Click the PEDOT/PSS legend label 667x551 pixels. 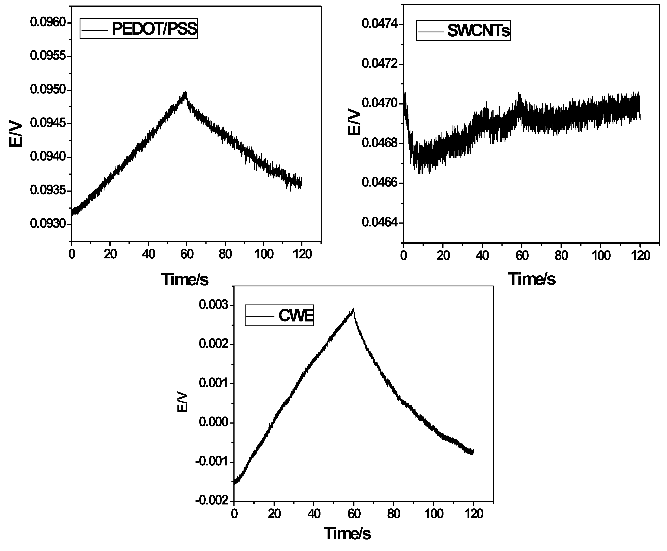click(154, 29)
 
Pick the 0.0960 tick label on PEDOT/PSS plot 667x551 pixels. click(48, 22)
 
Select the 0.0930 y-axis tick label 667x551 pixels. click(48, 224)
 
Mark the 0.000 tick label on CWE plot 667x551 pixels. click(213, 422)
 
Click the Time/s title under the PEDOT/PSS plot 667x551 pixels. click(185, 280)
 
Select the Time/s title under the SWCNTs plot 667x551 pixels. click(532, 279)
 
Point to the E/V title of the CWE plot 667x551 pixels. click(183, 403)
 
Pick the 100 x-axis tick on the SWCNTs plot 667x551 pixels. click(601, 256)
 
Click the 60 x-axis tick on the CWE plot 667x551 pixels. click(354, 514)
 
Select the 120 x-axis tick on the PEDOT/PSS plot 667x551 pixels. click(302, 254)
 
